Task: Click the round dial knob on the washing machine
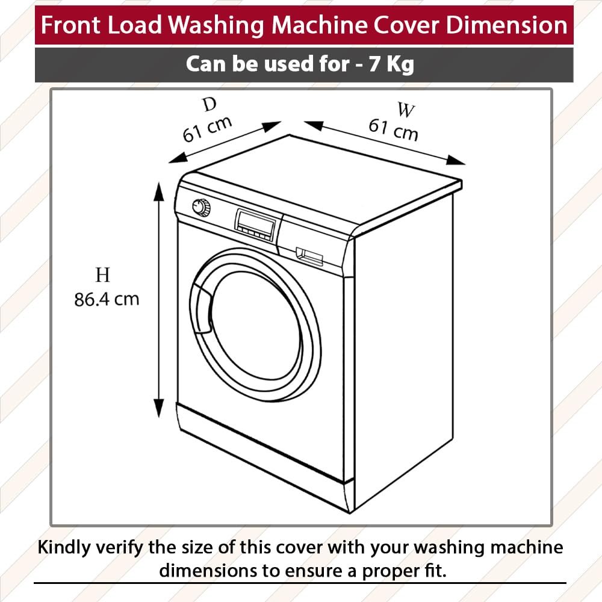tap(201, 207)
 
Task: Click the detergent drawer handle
tap(309, 257)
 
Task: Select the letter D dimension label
tap(209, 104)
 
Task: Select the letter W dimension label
tap(406, 110)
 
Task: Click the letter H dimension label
tap(102, 275)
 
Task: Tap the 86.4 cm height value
tap(107, 299)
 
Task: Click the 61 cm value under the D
tap(207, 129)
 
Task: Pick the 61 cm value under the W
tap(393, 130)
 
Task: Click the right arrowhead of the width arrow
tap(456, 161)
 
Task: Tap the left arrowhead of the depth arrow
tap(178, 158)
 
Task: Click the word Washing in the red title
tap(217, 25)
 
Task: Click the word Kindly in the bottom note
tap(64, 547)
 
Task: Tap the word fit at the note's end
tap(437, 571)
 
